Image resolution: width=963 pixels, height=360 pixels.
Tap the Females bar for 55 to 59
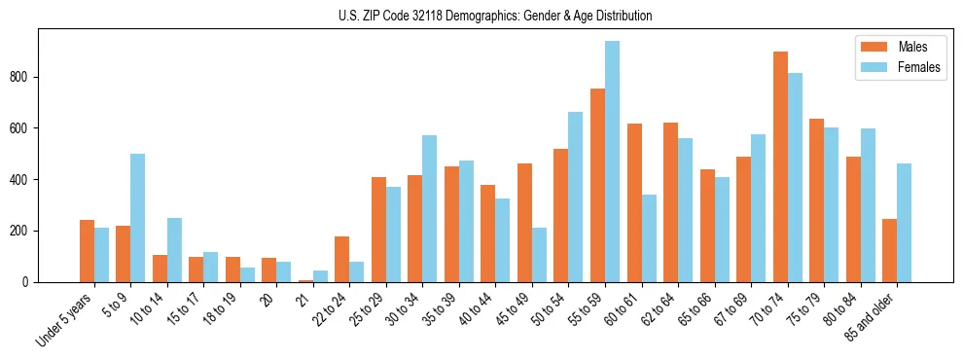(x=612, y=162)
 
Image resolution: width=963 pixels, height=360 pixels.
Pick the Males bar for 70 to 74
(x=780, y=166)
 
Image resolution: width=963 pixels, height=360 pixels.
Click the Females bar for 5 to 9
(x=138, y=218)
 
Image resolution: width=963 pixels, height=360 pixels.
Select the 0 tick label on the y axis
(x=29, y=282)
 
